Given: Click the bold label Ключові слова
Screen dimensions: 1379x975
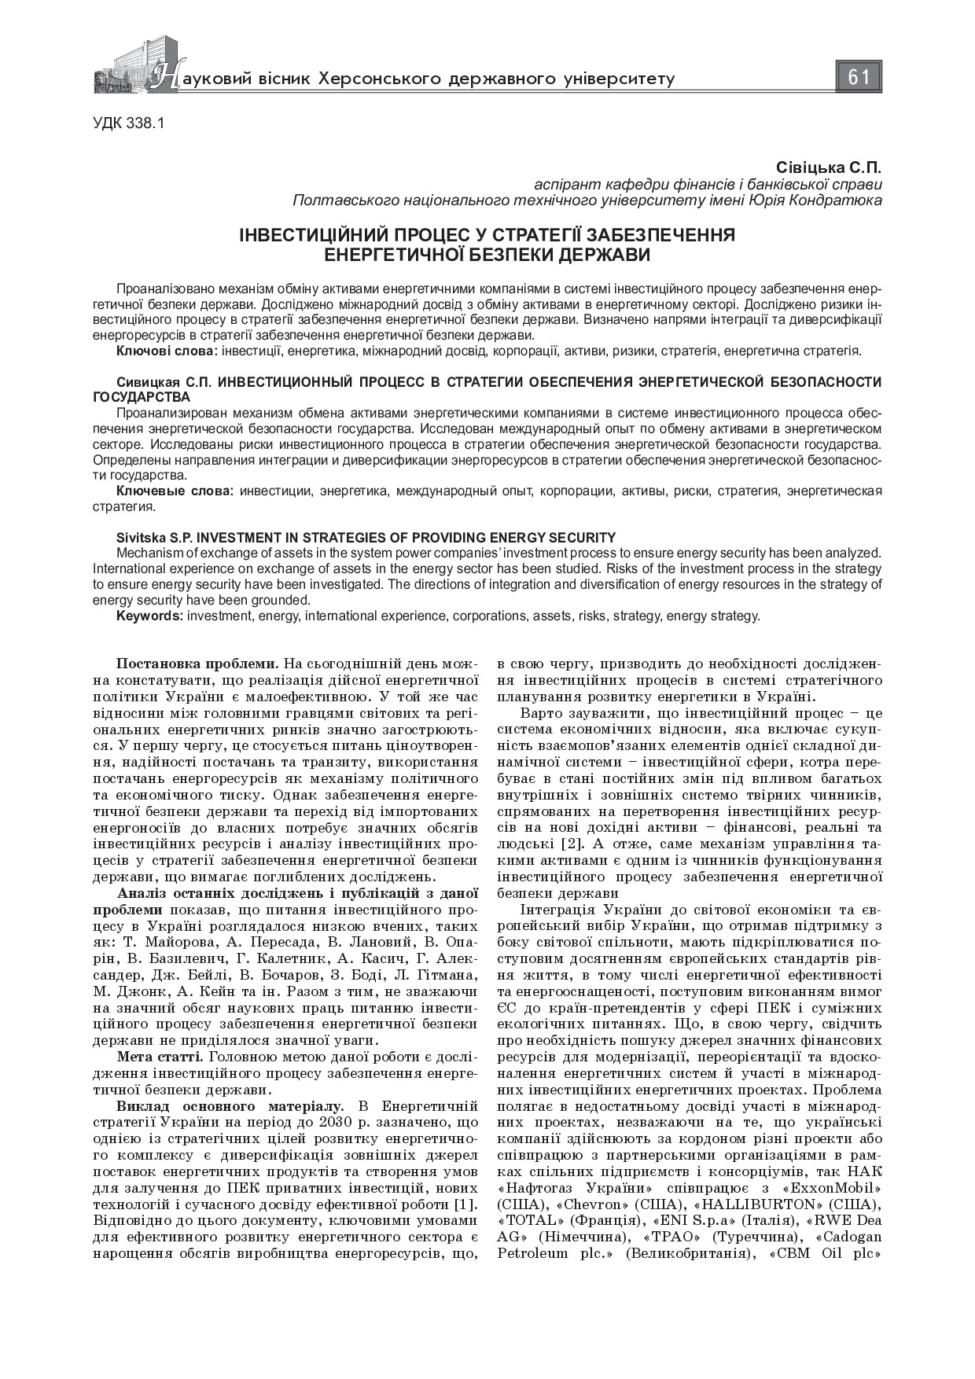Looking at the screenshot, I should pyautogui.click(x=167, y=351).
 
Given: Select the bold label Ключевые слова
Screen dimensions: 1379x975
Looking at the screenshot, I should pyautogui.click(x=174, y=491).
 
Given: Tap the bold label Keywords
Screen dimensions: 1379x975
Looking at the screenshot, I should pyautogui.click(x=149, y=616).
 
